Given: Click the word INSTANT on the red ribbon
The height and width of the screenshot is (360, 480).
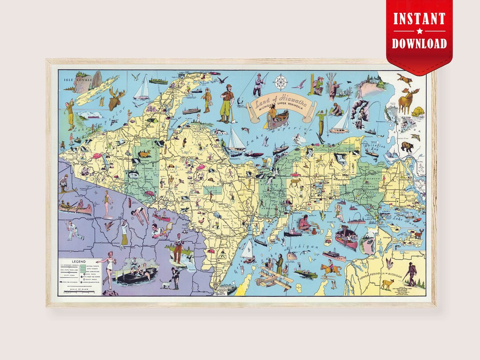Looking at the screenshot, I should (419, 19).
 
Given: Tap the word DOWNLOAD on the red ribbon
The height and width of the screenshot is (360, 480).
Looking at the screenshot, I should (419, 43).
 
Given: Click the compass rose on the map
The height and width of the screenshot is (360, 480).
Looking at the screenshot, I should (280, 83).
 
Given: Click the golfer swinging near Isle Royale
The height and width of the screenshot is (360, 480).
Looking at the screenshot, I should (70, 113).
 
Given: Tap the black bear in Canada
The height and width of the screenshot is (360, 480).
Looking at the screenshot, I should (407, 146).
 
